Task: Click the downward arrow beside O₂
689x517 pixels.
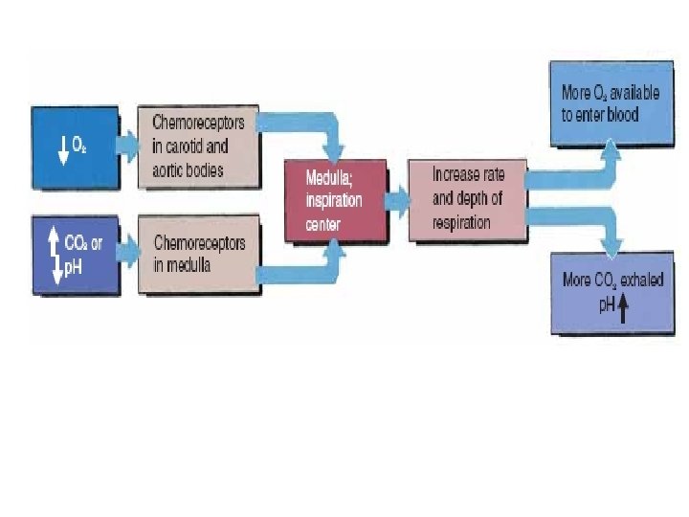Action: (63, 149)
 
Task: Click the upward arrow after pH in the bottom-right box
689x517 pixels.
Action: (623, 308)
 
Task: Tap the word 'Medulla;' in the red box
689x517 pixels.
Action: (330, 178)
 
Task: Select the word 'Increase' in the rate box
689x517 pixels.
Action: (455, 175)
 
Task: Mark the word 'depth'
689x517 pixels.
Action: (478, 199)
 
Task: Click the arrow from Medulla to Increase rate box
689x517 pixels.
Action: (397, 202)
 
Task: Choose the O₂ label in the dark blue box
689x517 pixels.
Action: (80, 146)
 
